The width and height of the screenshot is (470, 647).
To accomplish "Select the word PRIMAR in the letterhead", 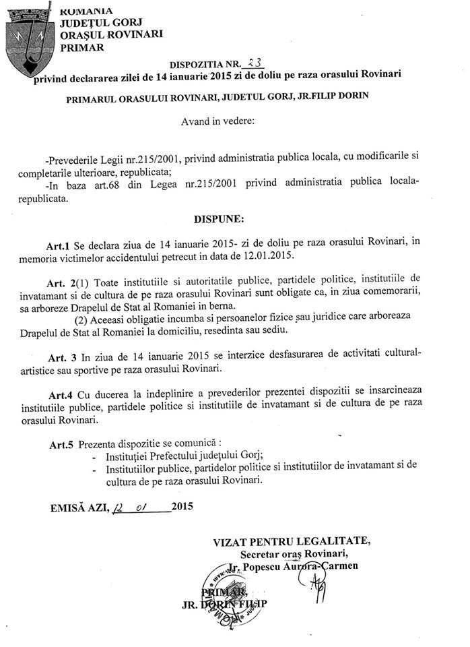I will [x=82, y=48].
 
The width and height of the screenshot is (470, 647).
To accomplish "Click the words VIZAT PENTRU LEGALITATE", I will [x=290, y=541].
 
